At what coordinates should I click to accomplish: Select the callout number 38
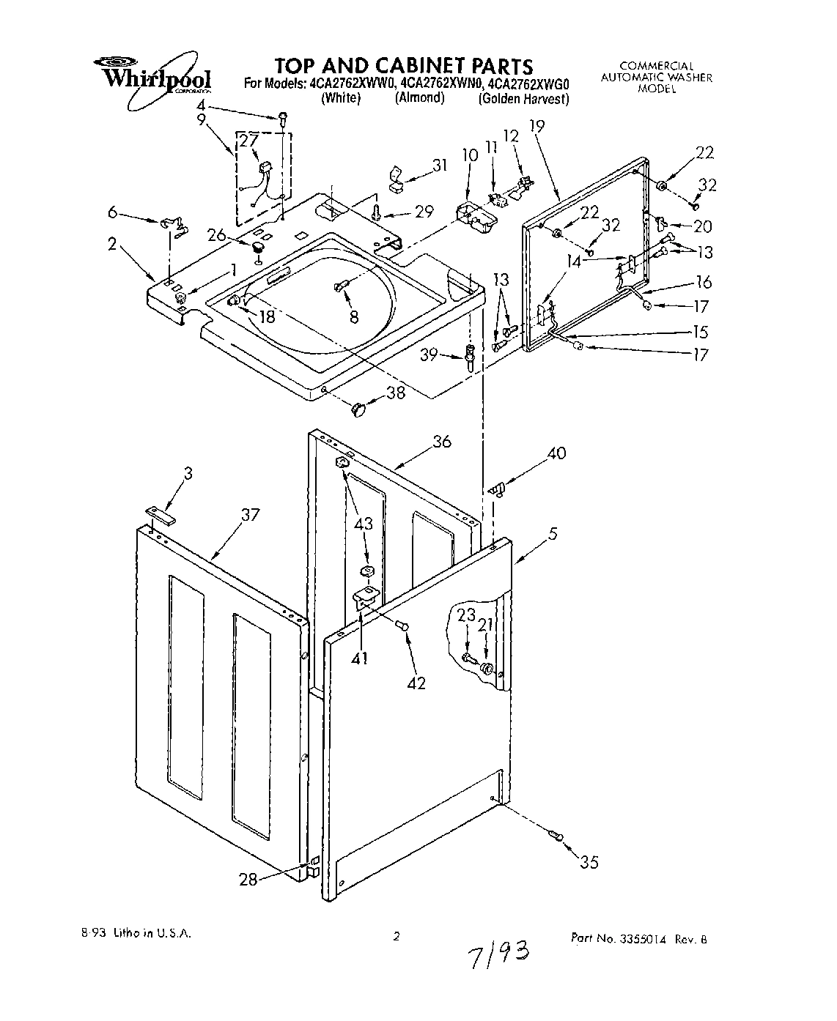(x=395, y=393)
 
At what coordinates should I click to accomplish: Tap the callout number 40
(x=557, y=454)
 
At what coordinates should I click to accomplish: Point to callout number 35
(x=589, y=862)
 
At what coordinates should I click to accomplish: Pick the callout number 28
(x=248, y=879)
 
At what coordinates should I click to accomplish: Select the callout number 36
(x=441, y=441)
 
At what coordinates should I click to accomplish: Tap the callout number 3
(x=188, y=474)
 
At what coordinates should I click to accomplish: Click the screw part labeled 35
(x=556, y=834)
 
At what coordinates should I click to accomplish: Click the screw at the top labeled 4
(x=281, y=117)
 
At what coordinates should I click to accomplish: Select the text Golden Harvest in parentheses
(x=523, y=99)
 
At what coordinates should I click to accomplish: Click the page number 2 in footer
(x=397, y=935)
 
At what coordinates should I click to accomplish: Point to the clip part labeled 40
(x=498, y=487)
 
